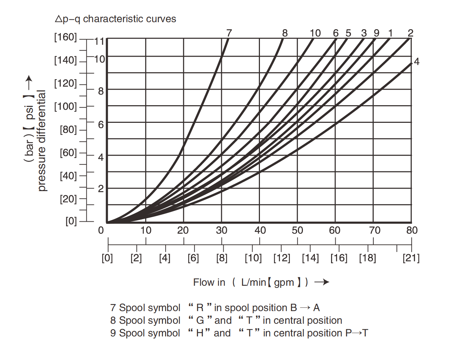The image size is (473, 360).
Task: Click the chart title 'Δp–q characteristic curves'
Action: [x=116, y=19]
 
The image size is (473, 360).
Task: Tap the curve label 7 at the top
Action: [x=229, y=33]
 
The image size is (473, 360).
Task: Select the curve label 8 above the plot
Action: [x=285, y=33]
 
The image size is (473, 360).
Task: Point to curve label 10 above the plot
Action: [x=315, y=33]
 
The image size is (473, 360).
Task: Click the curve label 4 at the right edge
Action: [x=417, y=62]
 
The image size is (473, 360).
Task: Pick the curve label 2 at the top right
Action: [x=410, y=33]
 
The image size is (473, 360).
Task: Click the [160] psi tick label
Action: [x=65, y=37]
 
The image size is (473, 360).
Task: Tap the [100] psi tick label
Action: [x=65, y=106]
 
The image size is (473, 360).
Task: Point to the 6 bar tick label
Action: [x=101, y=125]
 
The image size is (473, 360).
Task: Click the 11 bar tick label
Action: [x=100, y=42]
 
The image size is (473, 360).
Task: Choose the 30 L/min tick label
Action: [x=222, y=230]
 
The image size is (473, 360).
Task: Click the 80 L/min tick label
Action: [x=412, y=230]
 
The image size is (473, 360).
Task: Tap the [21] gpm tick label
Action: [x=411, y=258]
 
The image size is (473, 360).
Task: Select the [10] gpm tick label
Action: [x=253, y=258]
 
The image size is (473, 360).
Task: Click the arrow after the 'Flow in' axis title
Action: [x=322, y=282]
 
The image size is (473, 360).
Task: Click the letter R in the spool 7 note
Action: [x=200, y=308]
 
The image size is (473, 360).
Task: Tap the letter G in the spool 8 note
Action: [x=200, y=321]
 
